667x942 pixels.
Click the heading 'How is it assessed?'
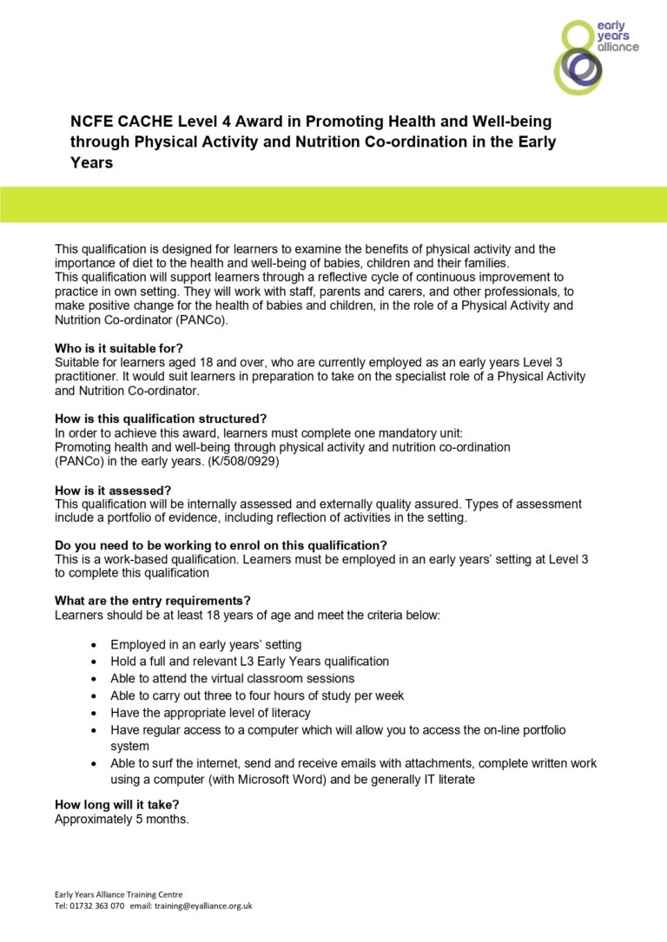coord(113,490)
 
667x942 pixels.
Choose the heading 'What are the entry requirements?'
coord(153,601)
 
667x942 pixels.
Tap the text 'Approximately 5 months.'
coord(122,819)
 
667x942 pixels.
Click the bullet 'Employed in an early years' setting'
coord(206,644)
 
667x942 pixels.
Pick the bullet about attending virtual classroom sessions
coord(232,678)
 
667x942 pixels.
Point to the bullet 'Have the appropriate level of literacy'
coord(210,713)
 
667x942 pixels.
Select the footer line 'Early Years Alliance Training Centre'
coord(119,894)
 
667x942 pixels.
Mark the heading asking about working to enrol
coord(221,545)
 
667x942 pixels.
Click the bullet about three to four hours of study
coord(257,695)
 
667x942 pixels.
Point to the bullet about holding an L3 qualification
coord(249,661)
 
